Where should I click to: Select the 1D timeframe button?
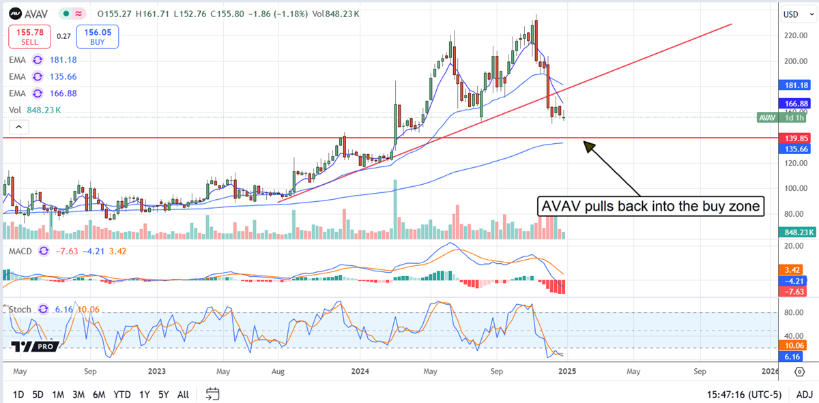pyautogui.click(x=18, y=394)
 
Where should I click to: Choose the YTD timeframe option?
pyautogui.click(x=122, y=394)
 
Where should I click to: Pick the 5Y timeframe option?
pyautogui.click(x=163, y=394)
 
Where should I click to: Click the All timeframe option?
pyautogui.click(x=183, y=394)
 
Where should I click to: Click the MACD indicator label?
pyautogui.click(x=21, y=252)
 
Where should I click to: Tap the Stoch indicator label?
pyautogui.click(x=20, y=309)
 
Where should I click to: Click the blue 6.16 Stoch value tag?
pyautogui.click(x=792, y=357)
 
